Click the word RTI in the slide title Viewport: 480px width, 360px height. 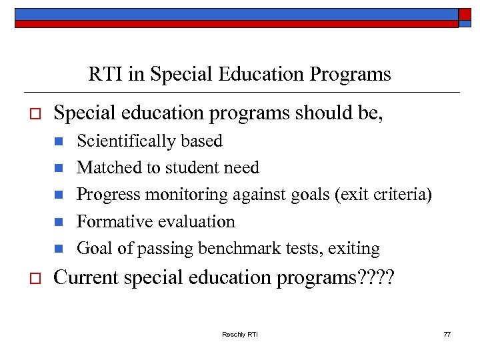point(105,75)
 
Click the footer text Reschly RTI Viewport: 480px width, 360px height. point(240,334)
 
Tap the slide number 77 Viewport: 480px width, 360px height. point(447,334)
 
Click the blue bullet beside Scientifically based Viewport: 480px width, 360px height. point(59,141)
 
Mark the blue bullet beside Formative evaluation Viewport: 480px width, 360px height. point(59,222)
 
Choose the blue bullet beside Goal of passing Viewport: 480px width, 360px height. point(59,249)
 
